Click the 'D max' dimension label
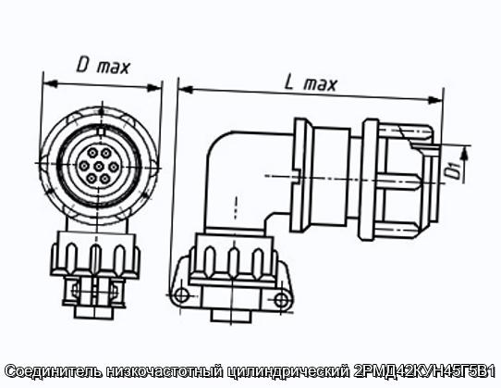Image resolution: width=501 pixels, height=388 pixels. pyautogui.click(x=103, y=67)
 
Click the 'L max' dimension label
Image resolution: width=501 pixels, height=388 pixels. pyautogui.click(x=311, y=84)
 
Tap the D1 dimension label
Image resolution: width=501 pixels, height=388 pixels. pyautogui.click(x=453, y=170)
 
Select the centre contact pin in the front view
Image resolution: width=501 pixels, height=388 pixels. pyautogui.click(x=100, y=166)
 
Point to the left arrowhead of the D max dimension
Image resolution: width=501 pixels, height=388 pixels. pyautogui.click(x=50, y=83)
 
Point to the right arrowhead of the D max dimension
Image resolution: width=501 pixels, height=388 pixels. pyautogui.click(x=153, y=87)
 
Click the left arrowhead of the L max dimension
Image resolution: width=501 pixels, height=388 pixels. pyautogui.click(x=186, y=90)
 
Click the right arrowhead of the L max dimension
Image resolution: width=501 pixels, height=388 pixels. pyautogui.click(x=435, y=100)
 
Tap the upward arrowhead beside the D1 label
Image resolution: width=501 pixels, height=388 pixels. pyautogui.click(x=466, y=155)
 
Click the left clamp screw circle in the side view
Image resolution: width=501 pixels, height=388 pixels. pyautogui.click(x=182, y=294)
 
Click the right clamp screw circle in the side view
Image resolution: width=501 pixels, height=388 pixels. pyautogui.click(x=282, y=300)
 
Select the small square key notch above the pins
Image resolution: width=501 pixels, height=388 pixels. pyautogui.click(x=101, y=131)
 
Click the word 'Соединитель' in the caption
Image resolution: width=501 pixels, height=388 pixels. pyautogui.click(x=53, y=371)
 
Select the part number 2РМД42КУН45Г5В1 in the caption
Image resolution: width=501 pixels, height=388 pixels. pyautogui.click(x=425, y=371)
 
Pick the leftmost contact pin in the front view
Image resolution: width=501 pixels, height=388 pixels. pyautogui.click(x=84, y=166)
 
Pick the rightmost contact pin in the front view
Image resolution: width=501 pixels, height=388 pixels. pyautogui.click(x=114, y=167)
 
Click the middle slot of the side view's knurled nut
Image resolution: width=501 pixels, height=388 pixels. pyautogui.click(x=233, y=260)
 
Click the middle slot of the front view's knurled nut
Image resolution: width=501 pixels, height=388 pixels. pyautogui.click(x=95, y=258)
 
